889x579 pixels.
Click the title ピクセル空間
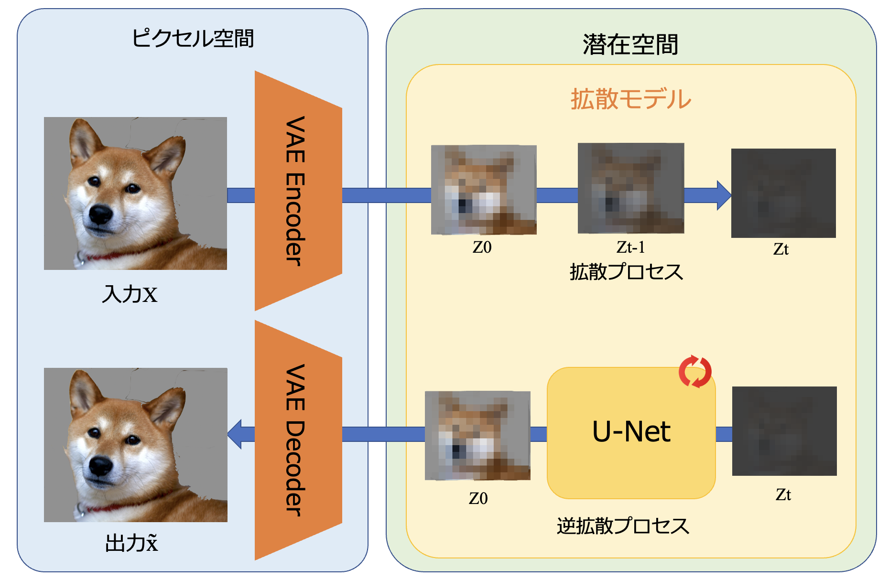[192, 39]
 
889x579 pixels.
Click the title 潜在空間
[630, 45]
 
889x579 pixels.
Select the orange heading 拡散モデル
[630, 99]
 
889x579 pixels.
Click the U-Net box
[631, 432]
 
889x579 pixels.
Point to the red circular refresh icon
[695, 372]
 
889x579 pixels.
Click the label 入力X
[130, 294]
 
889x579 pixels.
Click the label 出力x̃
[131, 543]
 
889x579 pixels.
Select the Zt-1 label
[630, 247]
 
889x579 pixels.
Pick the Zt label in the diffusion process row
[781, 249]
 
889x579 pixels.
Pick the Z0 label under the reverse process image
[478, 499]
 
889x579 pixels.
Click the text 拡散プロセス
[626, 272]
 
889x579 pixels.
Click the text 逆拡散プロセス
[623, 526]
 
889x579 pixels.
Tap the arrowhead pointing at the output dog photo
[236, 434]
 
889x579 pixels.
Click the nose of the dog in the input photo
[101, 215]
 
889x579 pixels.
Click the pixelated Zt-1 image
[630, 188]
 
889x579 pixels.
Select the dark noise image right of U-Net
[784, 431]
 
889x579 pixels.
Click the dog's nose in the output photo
[101, 466]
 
